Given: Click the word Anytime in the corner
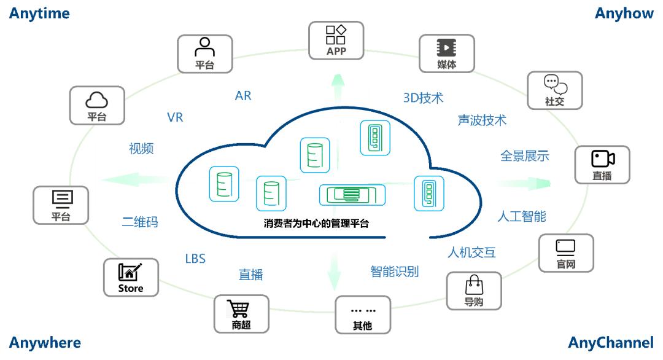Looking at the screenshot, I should [39, 14].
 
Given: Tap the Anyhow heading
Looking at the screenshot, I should [624, 14].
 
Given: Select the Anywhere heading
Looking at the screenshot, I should [45, 342].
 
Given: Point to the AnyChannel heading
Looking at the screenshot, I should [611, 342].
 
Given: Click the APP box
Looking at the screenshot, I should [336, 41].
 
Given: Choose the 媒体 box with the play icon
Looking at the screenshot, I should [446, 53].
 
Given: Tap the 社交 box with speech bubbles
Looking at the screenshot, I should [554, 91].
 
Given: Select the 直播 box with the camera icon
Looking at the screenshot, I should [602, 165].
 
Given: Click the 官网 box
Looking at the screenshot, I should [565, 253].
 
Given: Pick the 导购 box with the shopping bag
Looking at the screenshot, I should [473, 291].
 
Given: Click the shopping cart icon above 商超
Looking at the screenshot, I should [241, 308].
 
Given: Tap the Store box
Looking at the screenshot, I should [130, 278].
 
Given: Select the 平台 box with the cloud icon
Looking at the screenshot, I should [96, 106].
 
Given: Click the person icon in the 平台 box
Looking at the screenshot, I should [204, 47].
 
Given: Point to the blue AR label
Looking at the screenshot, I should [243, 96].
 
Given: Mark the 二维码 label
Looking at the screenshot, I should [140, 222].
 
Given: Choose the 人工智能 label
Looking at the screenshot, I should [521, 216].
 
